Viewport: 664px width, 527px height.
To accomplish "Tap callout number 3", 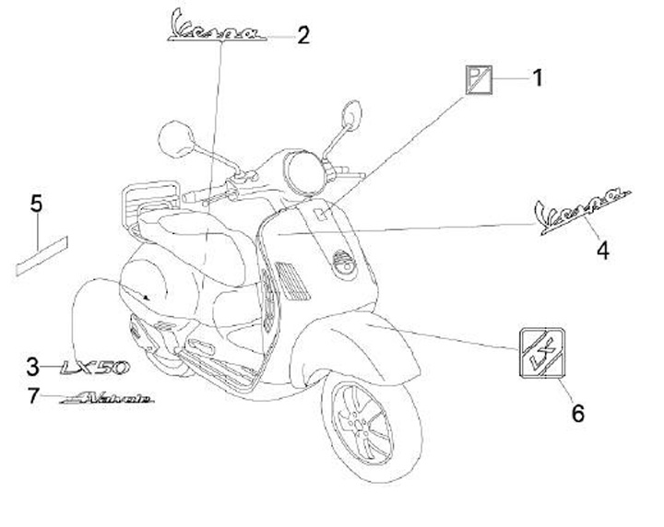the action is coord(33,367).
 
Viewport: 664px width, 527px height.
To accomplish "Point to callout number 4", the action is coord(602,249).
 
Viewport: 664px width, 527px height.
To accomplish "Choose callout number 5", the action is coord(36,203).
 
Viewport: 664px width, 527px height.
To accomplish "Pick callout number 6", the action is coord(578,414).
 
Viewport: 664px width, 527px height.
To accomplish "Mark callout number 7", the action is coord(33,397).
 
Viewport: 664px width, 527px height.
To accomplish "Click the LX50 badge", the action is coord(94,367).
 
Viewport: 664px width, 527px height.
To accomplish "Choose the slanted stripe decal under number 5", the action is coord(42,255).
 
